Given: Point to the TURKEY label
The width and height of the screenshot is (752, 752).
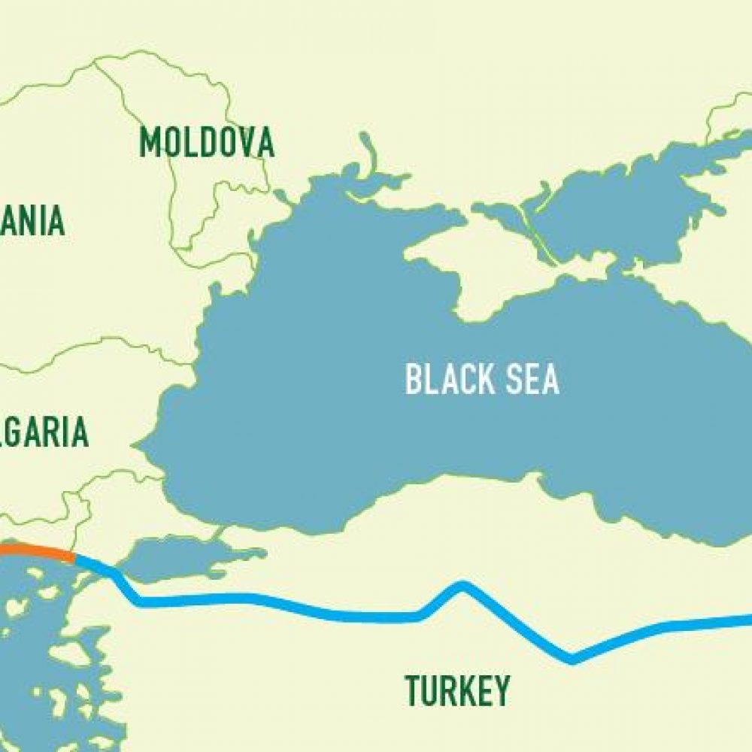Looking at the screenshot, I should click(x=457, y=690).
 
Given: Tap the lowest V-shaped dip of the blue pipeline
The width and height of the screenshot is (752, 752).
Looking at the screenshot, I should click(x=572, y=660).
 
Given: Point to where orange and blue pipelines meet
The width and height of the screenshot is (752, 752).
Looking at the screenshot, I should click(x=74, y=557).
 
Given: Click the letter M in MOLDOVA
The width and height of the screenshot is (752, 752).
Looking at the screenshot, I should click(x=151, y=142).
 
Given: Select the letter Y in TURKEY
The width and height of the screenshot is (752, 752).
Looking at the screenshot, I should click(x=499, y=690).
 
